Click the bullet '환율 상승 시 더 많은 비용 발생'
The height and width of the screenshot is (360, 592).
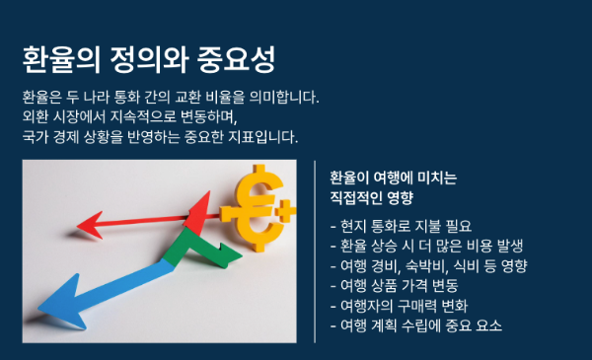(x=426, y=246)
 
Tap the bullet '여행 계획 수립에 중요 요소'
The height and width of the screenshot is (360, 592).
(x=416, y=324)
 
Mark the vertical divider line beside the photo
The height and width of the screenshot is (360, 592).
(x=314, y=252)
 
